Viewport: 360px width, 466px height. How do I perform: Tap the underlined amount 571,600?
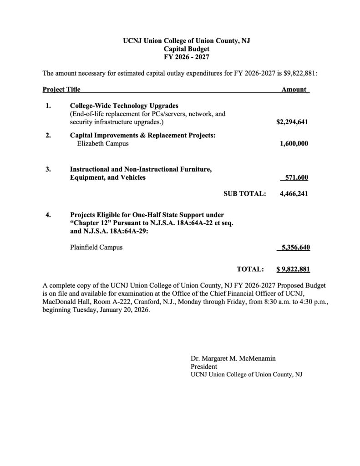point(296,177)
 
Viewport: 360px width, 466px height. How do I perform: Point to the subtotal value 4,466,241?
point(294,193)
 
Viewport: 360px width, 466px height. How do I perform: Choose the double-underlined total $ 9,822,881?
point(293,269)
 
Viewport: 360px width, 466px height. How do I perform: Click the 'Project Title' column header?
point(61,90)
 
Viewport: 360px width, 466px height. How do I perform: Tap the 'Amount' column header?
point(294,90)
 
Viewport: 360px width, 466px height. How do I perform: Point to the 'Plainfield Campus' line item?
point(96,248)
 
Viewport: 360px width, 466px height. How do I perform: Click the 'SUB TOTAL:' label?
point(244,193)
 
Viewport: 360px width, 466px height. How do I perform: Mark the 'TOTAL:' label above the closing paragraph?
point(250,269)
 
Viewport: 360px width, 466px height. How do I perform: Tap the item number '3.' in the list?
point(48,169)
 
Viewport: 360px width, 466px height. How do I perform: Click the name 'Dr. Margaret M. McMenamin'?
point(233,359)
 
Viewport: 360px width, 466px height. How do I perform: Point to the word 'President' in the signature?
point(204,366)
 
